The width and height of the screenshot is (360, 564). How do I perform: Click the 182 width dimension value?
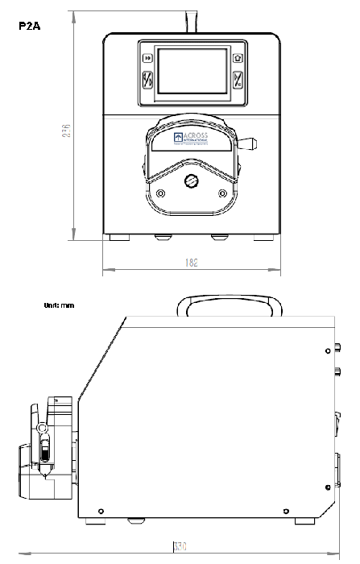tap(191, 263)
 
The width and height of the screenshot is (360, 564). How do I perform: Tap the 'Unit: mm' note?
tap(59, 306)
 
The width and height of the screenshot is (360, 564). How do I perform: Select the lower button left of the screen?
tap(147, 81)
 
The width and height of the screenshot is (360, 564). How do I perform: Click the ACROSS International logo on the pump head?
tap(191, 139)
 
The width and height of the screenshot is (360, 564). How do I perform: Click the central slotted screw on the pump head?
tap(191, 181)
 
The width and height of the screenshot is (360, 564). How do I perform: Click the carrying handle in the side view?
tap(230, 306)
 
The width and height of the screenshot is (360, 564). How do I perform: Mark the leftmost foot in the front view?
tap(119, 238)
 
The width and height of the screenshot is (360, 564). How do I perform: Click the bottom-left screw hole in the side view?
tap(99, 510)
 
